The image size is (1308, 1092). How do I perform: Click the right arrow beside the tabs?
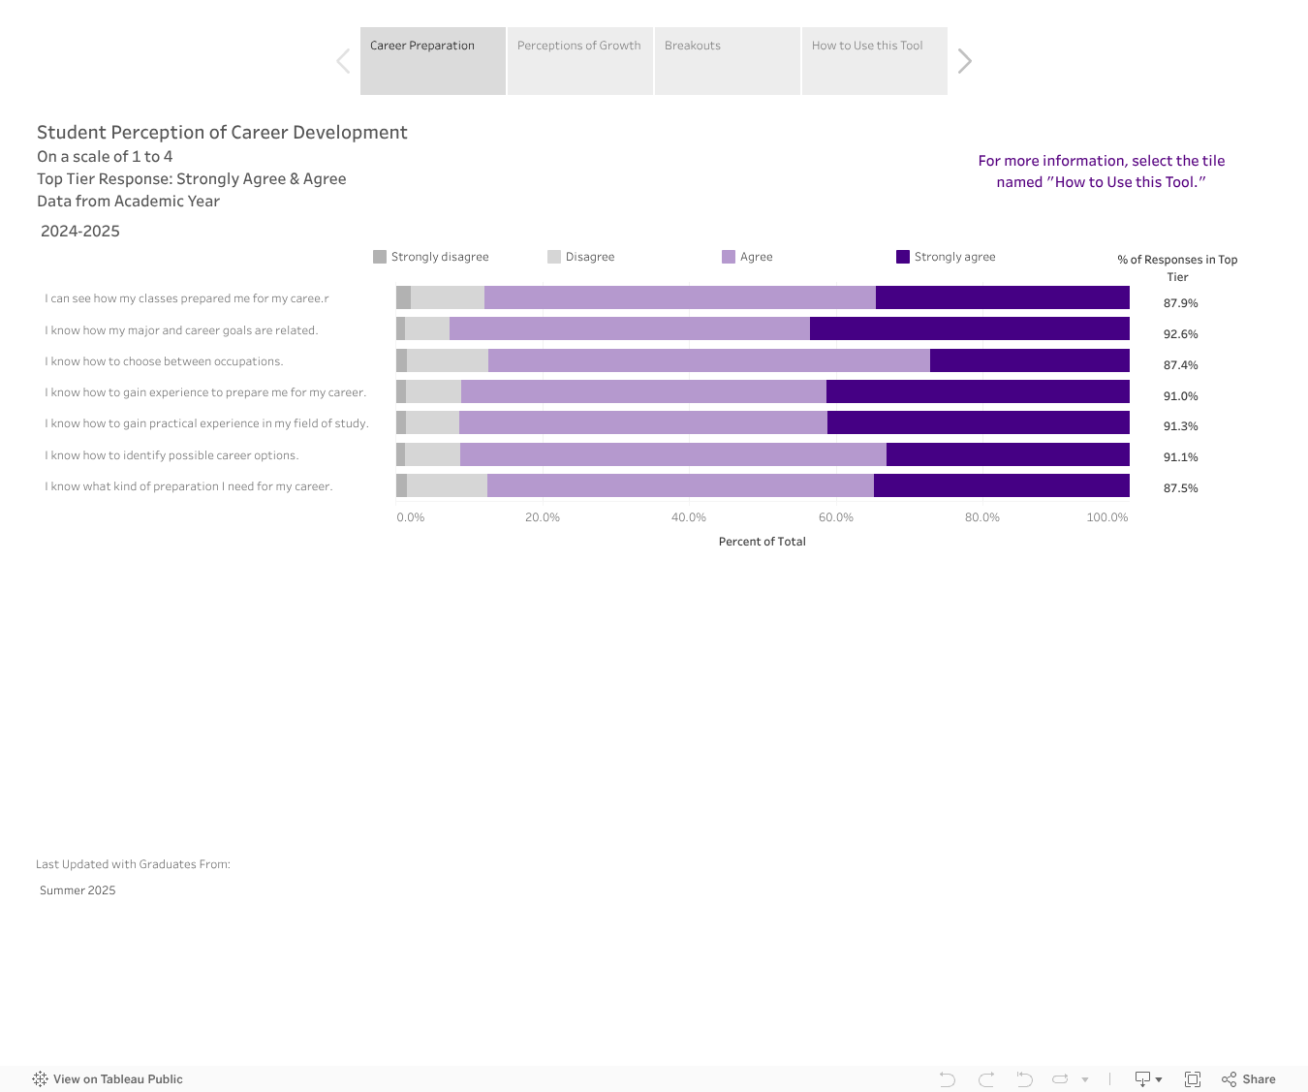pyautogui.click(x=964, y=61)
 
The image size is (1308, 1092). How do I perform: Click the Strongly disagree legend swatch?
pyautogui.click(x=380, y=257)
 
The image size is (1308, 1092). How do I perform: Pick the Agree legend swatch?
pyautogui.click(x=729, y=257)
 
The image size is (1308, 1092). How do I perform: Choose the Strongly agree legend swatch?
pyautogui.click(x=903, y=257)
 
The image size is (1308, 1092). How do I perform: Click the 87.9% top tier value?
pyautogui.click(x=1180, y=303)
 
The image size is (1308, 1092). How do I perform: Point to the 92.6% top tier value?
pyautogui.click(x=1180, y=334)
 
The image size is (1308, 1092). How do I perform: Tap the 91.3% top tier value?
pyautogui.click(x=1180, y=426)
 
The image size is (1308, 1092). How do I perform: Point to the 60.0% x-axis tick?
pyautogui.click(x=835, y=517)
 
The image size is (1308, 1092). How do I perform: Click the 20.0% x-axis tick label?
pyautogui.click(x=543, y=517)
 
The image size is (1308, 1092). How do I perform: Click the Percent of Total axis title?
pyautogui.click(x=762, y=542)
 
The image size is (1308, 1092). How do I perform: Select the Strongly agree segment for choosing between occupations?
pyautogui.click(x=1029, y=360)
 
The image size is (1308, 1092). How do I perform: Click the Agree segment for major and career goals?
pyautogui.click(x=630, y=328)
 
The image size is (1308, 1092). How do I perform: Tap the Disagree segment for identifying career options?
pyautogui.click(x=432, y=454)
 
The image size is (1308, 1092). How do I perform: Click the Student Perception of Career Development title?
pyautogui.click(x=222, y=133)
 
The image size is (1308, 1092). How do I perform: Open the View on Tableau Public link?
pyautogui.click(x=108, y=1079)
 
